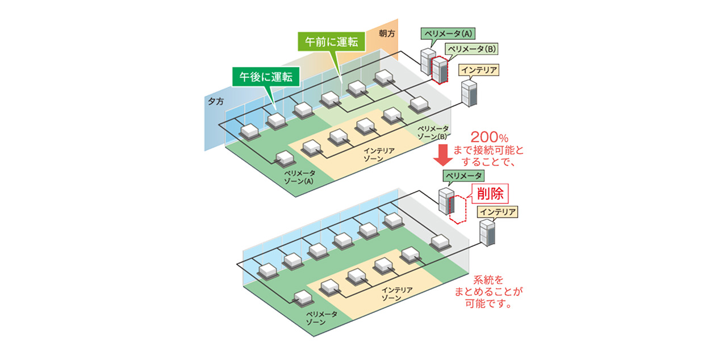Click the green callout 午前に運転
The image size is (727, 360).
[331, 43]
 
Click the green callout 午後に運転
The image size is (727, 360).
[265, 77]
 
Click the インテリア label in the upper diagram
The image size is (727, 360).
[479, 70]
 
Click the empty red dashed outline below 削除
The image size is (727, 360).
[457, 208]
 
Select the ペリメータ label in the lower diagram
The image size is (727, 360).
[465, 176]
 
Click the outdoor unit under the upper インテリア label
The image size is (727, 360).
[469, 94]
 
